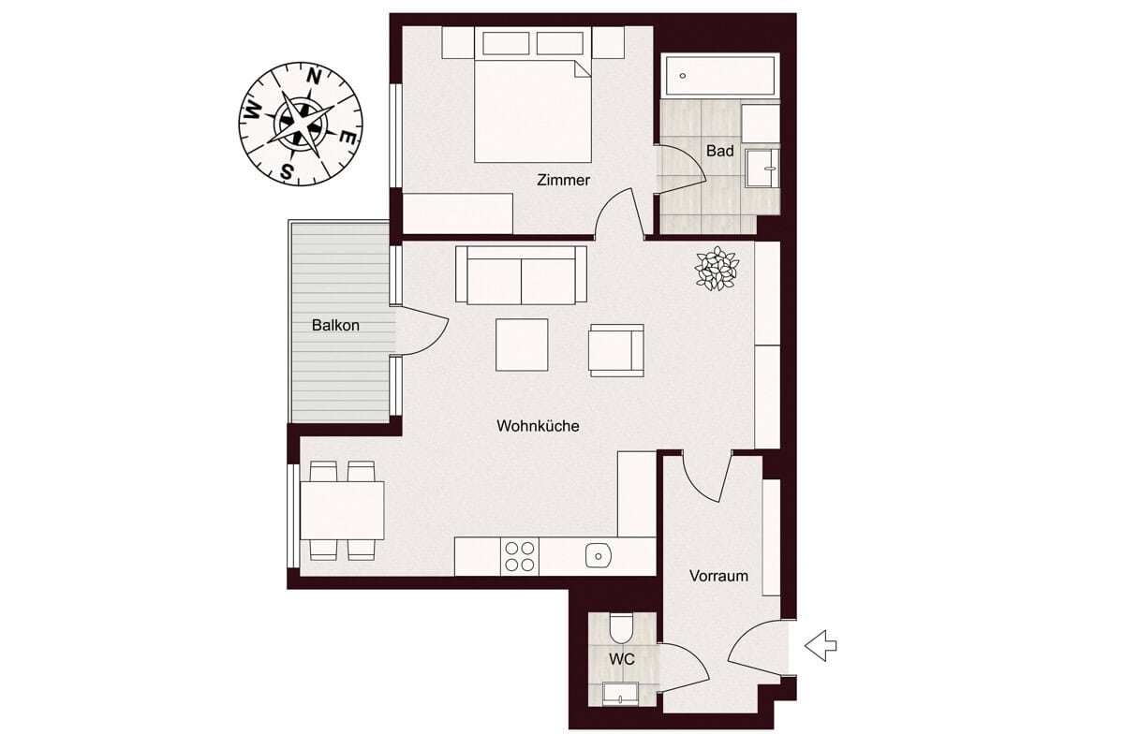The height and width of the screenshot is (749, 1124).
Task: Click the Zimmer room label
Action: point(563,180)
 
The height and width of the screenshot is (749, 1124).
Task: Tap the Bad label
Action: point(719,151)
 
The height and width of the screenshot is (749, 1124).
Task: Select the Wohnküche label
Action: point(538,426)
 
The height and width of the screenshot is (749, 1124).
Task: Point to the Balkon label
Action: point(335,325)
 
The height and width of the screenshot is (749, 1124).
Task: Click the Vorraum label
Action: point(718,576)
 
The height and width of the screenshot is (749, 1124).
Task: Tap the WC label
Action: point(622,659)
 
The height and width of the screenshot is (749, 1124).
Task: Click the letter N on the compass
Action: point(314,77)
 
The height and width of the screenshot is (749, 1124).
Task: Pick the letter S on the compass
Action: point(287,171)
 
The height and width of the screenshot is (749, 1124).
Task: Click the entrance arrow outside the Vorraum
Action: point(821,646)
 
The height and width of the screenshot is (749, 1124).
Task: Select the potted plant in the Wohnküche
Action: point(717,268)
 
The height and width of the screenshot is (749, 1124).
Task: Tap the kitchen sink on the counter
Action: point(599,556)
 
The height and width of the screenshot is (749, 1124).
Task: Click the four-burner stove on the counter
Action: point(519,556)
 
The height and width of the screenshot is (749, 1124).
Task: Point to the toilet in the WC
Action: point(621,629)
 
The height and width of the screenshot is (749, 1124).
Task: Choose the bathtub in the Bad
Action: point(720,75)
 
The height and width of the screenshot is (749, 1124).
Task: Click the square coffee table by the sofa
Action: point(522,345)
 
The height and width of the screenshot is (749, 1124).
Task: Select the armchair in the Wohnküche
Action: point(616,350)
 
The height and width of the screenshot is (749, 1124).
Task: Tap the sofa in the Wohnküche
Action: point(521,275)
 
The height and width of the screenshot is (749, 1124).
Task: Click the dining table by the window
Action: point(342,510)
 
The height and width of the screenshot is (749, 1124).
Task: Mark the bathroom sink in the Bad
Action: point(762,169)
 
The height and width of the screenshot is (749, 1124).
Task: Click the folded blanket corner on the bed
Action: point(583,69)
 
